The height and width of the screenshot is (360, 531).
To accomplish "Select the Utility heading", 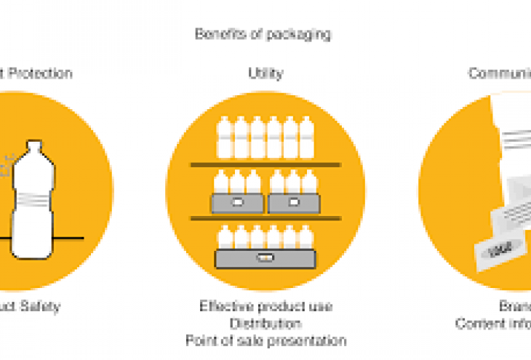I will pos(265,73).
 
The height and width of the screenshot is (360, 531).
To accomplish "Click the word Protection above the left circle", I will pos(42,73).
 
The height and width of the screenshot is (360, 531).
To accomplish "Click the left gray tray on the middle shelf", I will pos(237,203).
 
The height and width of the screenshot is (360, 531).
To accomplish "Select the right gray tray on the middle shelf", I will pos(293,203).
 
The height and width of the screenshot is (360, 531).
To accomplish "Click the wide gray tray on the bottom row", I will pos(265,257).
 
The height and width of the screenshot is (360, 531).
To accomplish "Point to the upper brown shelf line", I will pos(265,164).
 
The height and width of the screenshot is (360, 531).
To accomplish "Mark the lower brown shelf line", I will pos(265,217).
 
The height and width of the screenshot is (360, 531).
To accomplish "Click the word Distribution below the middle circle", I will pos(265,323).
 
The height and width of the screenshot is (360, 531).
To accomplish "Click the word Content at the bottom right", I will pos(476,324).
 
